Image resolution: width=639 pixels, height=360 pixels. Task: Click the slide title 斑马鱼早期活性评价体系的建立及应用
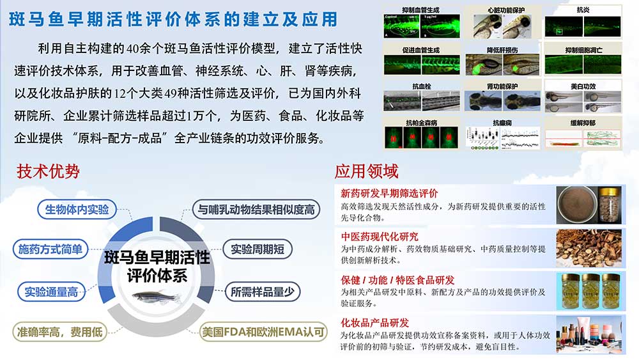click(173, 19)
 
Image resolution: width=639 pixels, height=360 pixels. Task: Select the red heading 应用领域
click(366, 171)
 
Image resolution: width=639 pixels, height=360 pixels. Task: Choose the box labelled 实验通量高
click(51, 292)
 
